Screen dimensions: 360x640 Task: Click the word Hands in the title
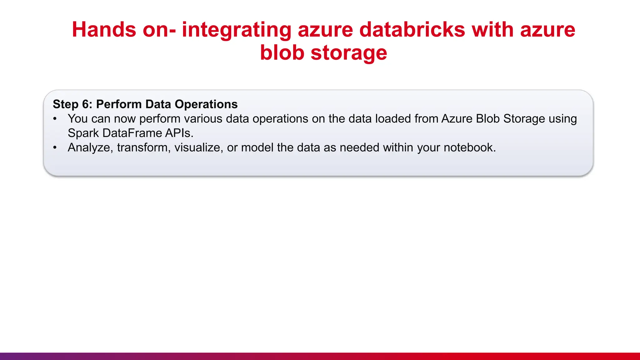click(x=104, y=30)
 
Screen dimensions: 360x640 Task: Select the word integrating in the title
click(x=236, y=30)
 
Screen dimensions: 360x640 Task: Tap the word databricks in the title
click(x=412, y=30)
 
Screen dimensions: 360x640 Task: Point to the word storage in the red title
click(x=349, y=53)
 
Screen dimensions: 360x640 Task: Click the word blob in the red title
click(x=282, y=52)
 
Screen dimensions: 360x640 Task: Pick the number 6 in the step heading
click(x=86, y=104)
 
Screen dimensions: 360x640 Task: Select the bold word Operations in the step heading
click(x=206, y=104)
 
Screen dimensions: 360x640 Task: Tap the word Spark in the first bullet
click(x=83, y=133)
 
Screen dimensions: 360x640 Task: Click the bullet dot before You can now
click(x=55, y=119)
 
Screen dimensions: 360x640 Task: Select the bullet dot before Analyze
click(x=55, y=147)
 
